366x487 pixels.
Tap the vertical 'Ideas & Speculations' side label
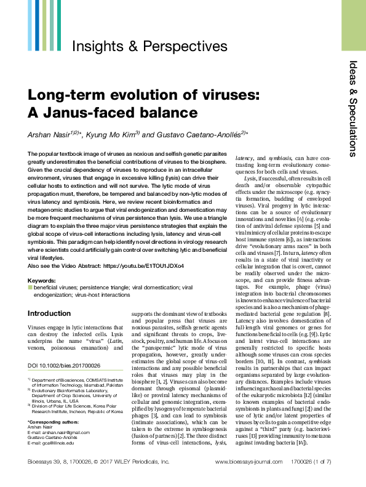[352, 108]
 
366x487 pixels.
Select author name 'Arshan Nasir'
[51, 135]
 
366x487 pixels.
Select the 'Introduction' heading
[49, 313]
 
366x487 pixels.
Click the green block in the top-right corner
[353, 17]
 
